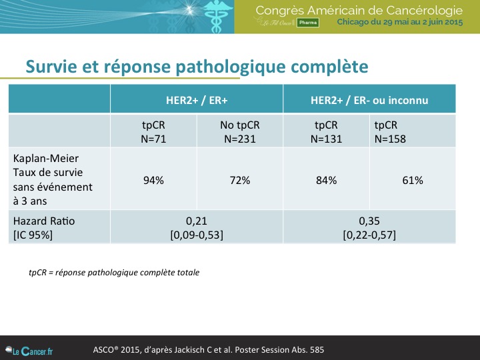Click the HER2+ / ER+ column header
click(197, 101)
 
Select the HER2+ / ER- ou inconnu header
click(369, 101)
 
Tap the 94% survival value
click(153, 180)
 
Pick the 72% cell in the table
click(240, 180)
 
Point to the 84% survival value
click(326, 180)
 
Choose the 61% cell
click(413, 180)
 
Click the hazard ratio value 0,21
click(197, 221)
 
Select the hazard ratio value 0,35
click(369, 221)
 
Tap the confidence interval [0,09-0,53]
click(197, 235)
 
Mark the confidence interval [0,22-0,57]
click(369, 235)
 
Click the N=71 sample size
click(153, 139)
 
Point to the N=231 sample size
click(240, 139)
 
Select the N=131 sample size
click(326, 139)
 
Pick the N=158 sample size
click(390, 139)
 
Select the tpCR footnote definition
click(114, 273)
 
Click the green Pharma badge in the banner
click(307, 23)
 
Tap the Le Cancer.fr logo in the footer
click(29, 351)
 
